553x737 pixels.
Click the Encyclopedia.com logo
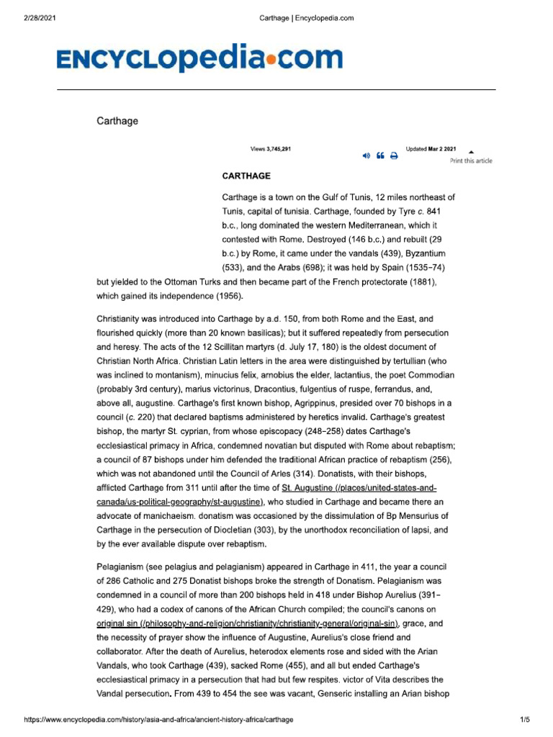click(199, 58)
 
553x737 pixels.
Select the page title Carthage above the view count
click(117, 121)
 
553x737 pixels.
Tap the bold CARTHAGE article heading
click(246, 176)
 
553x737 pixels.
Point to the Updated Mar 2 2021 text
click(431, 149)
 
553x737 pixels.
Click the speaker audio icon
click(366, 155)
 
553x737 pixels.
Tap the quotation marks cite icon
click(379, 155)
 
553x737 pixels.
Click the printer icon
click(394, 155)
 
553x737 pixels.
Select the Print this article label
click(471, 160)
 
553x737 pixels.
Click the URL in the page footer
click(159, 719)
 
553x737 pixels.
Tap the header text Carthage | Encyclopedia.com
click(306, 18)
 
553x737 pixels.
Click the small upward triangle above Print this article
click(471, 152)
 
